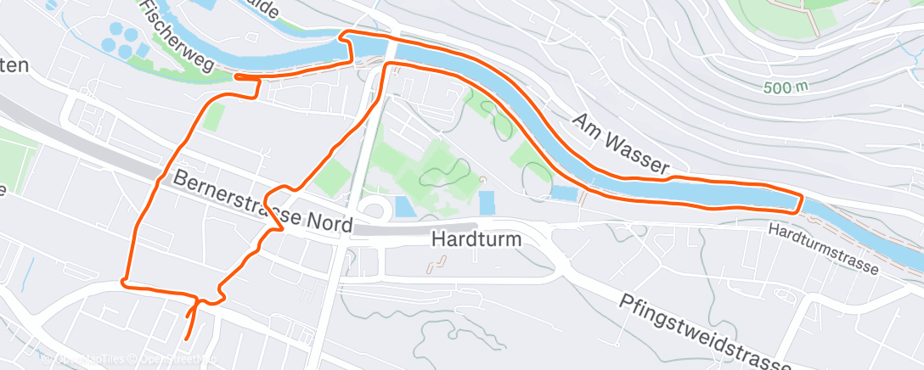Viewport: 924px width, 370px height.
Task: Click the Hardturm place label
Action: (476, 240)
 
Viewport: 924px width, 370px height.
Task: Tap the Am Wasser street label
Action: (621, 144)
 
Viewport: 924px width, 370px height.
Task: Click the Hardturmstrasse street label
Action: (823, 247)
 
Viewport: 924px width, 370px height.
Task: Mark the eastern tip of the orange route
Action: (801, 202)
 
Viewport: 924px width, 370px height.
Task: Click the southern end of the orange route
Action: (187, 340)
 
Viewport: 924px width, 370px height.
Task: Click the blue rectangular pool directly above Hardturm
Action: (487, 203)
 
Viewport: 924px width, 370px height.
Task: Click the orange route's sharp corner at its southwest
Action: (124, 281)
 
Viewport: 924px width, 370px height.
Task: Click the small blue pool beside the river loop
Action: (562, 193)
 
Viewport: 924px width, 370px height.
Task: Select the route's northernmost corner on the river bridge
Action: (344, 33)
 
